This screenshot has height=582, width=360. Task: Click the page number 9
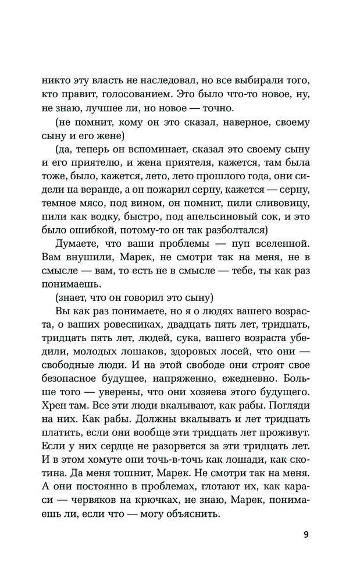(306, 534)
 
